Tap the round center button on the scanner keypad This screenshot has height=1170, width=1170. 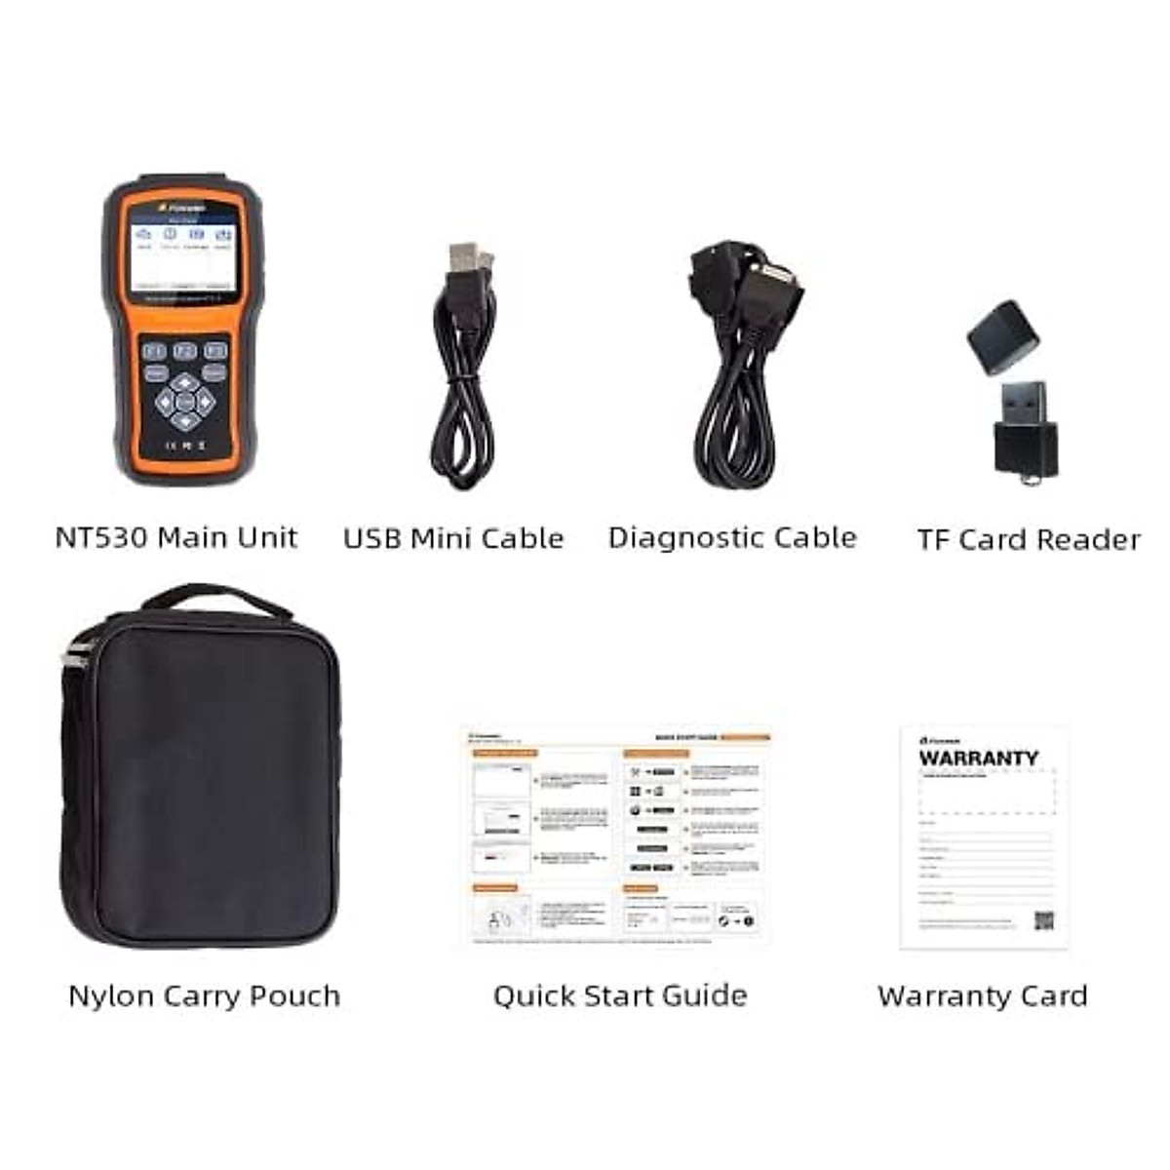tap(184, 401)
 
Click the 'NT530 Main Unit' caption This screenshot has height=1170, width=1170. tap(176, 537)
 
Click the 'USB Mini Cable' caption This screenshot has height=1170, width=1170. tap(453, 538)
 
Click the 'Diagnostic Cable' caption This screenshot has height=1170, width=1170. tap(732, 537)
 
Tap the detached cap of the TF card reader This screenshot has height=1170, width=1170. tap(1003, 336)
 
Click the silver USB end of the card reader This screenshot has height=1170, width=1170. tap(1024, 402)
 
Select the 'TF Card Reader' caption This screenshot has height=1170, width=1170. tap(1029, 539)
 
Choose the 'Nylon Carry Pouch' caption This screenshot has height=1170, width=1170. tap(205, 995)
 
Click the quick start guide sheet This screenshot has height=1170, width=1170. tap(617, 836)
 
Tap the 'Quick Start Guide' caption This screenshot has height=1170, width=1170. tap(620, 995)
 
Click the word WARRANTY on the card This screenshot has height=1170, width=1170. tap(978, 758)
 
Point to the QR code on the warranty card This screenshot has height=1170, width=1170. tap(1044, 920)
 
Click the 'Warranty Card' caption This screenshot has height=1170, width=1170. tap(982, 995)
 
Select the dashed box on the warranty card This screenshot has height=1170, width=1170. tap(988, 792)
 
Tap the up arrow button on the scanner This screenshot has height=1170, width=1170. tap(184, 381)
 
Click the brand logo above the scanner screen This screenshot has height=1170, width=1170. tap(179, 209)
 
